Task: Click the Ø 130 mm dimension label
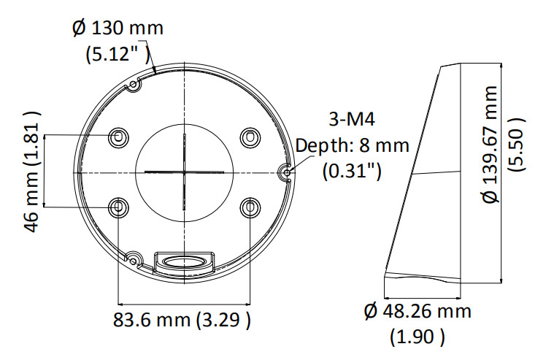[118, 28]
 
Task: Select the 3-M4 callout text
[352, 120]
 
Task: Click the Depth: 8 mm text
[353, 145]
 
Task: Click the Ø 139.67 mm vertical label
[490, 145]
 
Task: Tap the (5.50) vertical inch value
[516, 145]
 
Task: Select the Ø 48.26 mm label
[418, 311]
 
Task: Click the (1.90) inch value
[418, 337]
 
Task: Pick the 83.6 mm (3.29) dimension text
[182, 320]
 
